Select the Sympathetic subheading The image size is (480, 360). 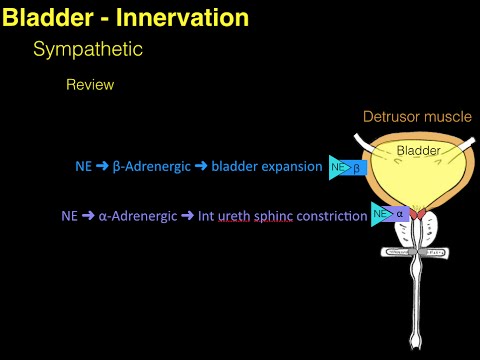[x=88, y=48]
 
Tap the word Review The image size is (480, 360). [x=90, y=85]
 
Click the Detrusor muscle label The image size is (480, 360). [x=416, y=117]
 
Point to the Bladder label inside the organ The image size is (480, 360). [x=419, y=151]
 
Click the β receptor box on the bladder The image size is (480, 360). [x=357, y=167]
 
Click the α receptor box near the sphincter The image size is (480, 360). [x=399, y=214]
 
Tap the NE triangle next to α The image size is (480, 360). [x=380, y=214]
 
